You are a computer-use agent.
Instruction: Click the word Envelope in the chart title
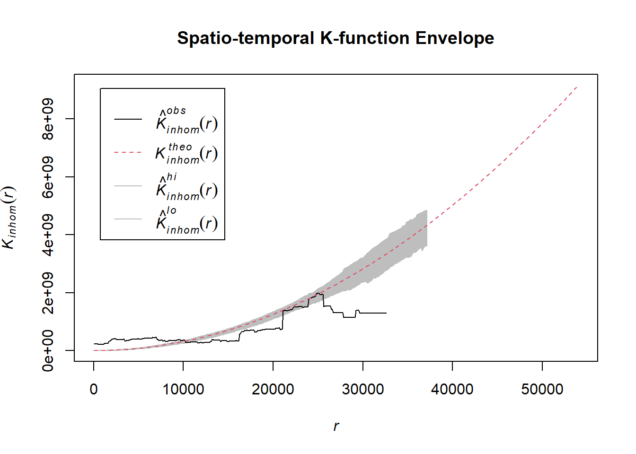[x=454, y=38]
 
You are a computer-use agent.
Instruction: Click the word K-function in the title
[x=364, y=38]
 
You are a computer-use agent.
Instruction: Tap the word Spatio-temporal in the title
[x=246, y=38]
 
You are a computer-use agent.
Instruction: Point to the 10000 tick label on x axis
[x=183, y=389]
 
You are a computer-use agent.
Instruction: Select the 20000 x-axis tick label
[x=273, y=389]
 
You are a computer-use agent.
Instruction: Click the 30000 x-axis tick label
[x=363, y=389]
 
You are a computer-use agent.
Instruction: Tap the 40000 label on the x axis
[x=452, y=389]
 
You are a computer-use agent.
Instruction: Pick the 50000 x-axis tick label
[x=542, y=389]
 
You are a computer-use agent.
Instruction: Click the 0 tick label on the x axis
[x=94, y=389]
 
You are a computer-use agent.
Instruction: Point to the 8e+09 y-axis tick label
[x=48, y=119]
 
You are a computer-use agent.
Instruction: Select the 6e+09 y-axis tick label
[x=48, y=177]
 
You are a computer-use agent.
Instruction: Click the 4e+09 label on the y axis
[x=48, y=235]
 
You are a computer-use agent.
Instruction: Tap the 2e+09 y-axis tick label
[x=48, y=293]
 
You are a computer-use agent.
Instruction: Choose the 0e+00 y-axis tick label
[x=48, y=351]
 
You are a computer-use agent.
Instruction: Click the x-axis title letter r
[x=336, y=426]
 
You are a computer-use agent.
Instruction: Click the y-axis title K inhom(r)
[x=9, y=218]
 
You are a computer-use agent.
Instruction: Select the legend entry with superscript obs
[x=186, y=120]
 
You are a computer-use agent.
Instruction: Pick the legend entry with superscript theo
[x=186, y=153]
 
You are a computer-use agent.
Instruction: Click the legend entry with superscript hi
[x=186, y=186]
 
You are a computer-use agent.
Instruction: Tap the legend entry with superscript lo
[x=186, y=220]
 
